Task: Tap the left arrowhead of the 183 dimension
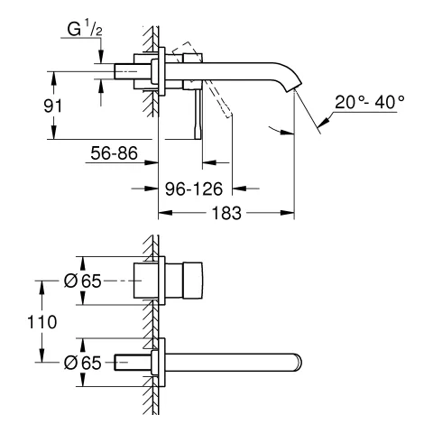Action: (x=163, y=214)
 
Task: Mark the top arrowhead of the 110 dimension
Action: (x=40, y=283)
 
